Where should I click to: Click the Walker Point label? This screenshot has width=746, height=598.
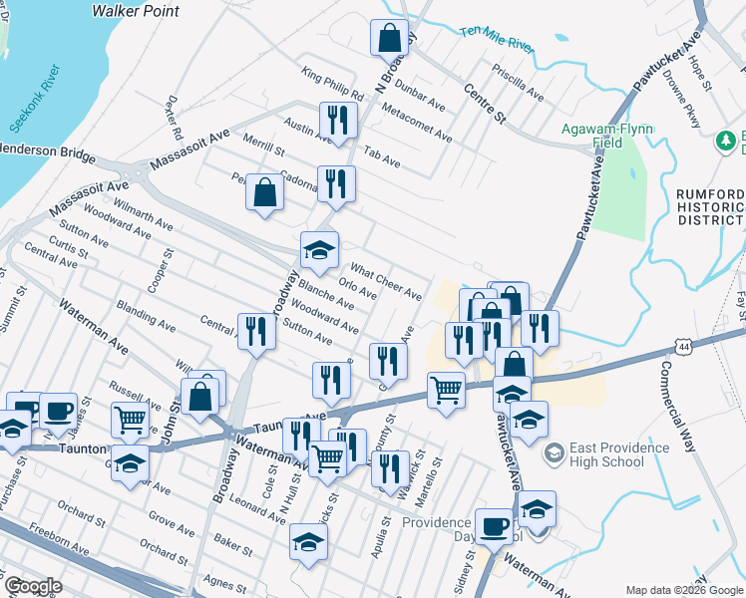tap(135, 11)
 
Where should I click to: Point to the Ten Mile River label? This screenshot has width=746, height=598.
tap(498, 38)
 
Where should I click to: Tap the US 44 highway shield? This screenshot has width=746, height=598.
tap(683, 346)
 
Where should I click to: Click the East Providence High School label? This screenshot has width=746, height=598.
tap(618, 454)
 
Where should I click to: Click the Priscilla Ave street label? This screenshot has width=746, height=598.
tap(518, 84)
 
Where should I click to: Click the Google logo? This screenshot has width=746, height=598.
tap(32, 587)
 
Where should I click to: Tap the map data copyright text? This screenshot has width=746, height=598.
tap(684, 590)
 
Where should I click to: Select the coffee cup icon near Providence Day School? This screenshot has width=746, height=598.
tap(493, 524)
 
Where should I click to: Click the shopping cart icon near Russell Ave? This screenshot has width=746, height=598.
tap(130, 421)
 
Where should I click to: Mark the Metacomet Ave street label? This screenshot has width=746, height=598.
tap(416, 123)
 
